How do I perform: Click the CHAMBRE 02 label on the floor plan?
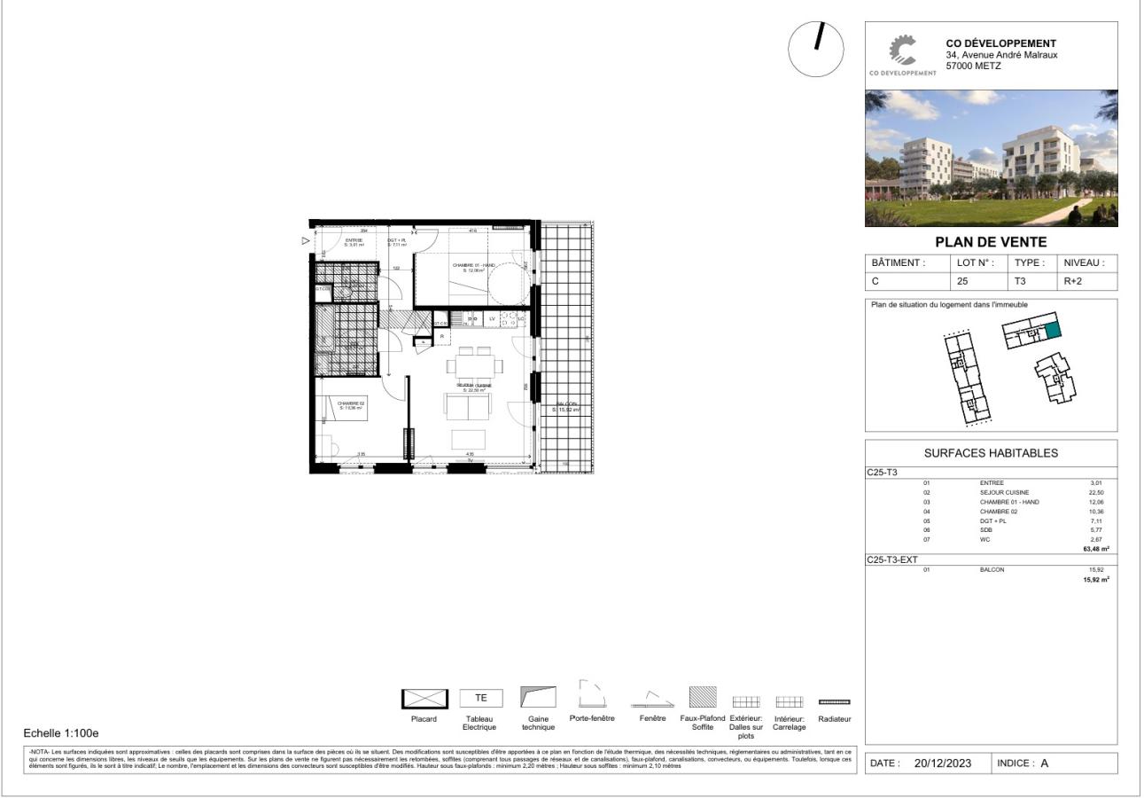tap(351, 405)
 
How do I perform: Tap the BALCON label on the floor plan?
tap(567, 407)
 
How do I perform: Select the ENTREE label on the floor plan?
tap(354, 242)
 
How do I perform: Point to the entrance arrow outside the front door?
tap(306, 240)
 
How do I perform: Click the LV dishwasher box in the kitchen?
tap(492, 318)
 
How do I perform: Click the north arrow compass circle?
tap(816, 50)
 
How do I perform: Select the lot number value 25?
tap(962, 281)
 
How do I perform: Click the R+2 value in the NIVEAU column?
tap(1072, 281)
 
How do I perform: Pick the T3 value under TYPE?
tap(1020, 281)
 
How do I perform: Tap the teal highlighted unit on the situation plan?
tap(1052, 331)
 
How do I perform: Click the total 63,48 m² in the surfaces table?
tap(1095, 549)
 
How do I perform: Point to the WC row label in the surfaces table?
tap(984, 539)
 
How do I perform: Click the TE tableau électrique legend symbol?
tap(480, 698)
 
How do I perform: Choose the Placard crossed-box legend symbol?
tap(424, 699)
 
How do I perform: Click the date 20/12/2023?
tap(943, 763)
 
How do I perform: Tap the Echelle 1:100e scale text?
tap(61, 733)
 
